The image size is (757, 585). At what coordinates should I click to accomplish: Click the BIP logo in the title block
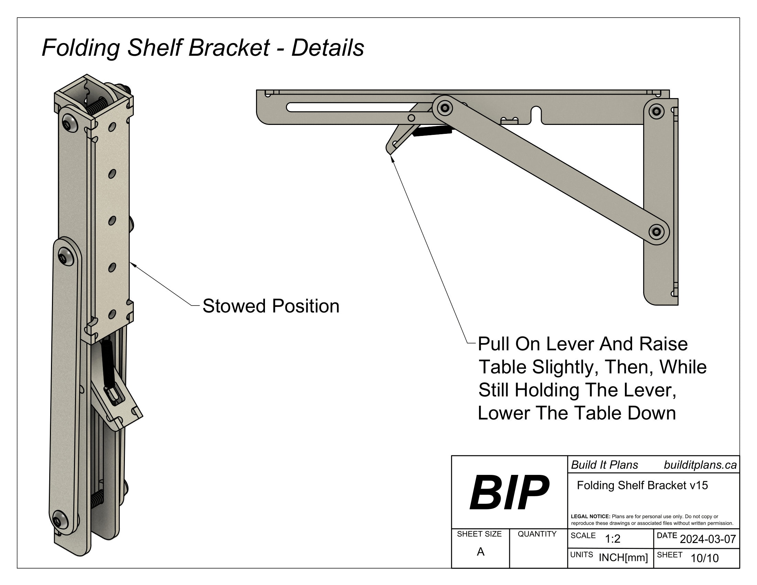[509, 492]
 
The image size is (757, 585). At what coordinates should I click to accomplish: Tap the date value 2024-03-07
[708, 539]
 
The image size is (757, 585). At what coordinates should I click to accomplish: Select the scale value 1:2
[612, 539]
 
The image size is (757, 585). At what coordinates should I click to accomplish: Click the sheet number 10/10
[704, 558]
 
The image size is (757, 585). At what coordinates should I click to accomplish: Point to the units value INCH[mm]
[623, 557]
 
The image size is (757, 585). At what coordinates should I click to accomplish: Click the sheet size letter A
[480, 552]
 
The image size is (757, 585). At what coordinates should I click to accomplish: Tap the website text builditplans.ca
[700, 465]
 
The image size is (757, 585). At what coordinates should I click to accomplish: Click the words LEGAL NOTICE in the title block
[590, 517]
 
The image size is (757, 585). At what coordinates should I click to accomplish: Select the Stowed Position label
[271, 306]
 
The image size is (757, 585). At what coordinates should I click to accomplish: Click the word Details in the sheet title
[328, 48]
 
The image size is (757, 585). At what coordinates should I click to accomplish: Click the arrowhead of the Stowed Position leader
[132, 264]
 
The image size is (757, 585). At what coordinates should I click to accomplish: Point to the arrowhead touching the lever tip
[392, 158]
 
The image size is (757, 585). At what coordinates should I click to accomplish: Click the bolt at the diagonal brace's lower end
[656, 232]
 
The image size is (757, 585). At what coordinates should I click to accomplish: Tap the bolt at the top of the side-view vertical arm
[656, 111]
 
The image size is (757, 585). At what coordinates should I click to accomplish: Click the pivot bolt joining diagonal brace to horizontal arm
[445, 108]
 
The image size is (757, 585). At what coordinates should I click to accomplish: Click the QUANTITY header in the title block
[537, 534]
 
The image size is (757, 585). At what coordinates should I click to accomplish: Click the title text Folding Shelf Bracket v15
[642, 485]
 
